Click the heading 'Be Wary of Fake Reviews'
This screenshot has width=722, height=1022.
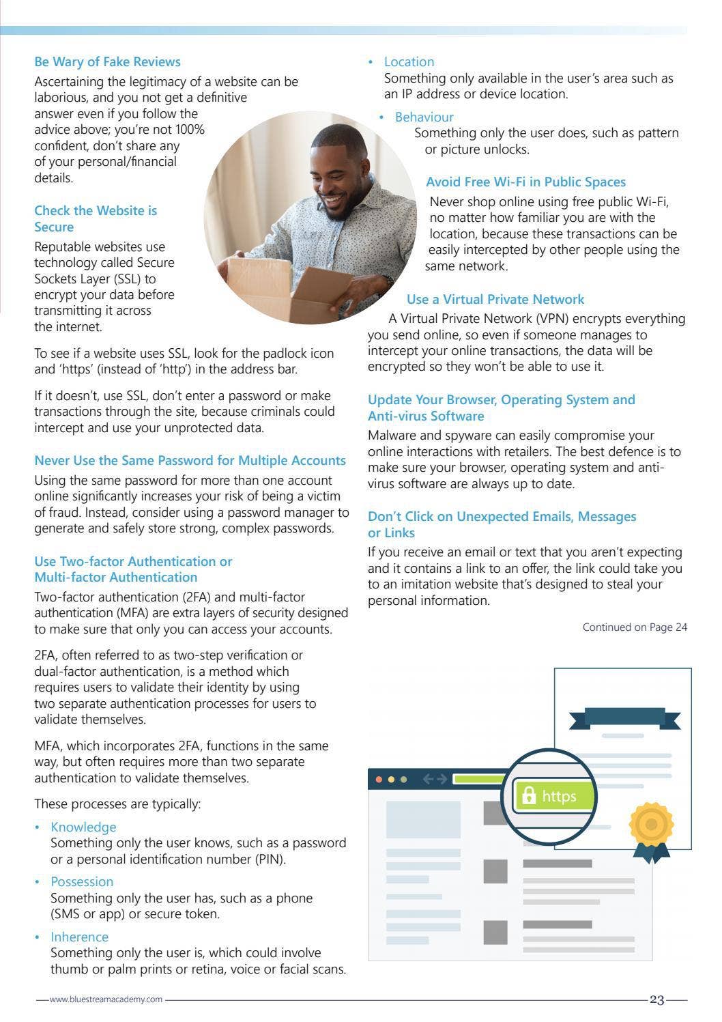[107, 62]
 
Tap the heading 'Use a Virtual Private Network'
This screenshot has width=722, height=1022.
[495, 299]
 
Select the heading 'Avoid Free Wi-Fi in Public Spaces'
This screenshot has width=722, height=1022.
[525, 182]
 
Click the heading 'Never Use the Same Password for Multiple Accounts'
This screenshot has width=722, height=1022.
[190, 461]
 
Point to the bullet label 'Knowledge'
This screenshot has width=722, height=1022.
[83, 827]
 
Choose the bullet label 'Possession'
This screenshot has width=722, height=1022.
[82, 881]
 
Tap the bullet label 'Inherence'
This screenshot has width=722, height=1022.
[79, 937]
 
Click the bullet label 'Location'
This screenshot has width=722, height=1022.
[409, 62]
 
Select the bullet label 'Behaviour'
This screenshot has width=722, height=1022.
[424, 117]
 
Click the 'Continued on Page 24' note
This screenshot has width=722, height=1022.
[634, 627]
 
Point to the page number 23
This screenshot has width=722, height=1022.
[656, 1000]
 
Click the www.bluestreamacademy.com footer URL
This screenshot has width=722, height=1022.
[106, 999]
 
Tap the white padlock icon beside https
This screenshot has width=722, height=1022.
[528, 796]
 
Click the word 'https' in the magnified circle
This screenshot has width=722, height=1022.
[559, 797]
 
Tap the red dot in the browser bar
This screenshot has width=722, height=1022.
[379, 779]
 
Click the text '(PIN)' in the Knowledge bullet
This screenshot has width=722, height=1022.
[270, 860]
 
